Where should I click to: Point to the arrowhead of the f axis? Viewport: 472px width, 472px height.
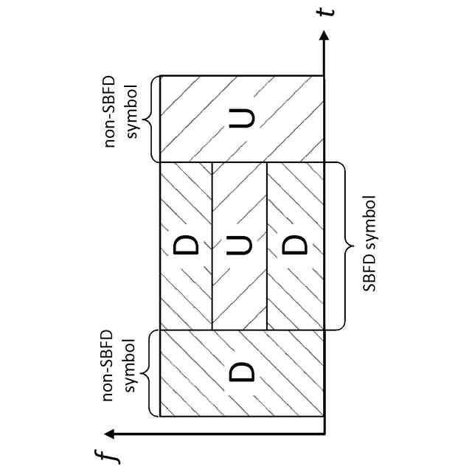coord(108,434)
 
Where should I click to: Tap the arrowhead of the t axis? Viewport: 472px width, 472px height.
coord(324,36)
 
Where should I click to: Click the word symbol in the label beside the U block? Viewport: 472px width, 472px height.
coord(133,119)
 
